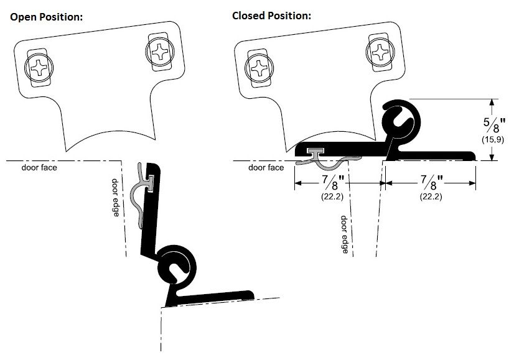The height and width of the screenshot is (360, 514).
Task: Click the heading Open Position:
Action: [46, 16]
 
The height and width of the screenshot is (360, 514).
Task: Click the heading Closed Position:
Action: [271, 16]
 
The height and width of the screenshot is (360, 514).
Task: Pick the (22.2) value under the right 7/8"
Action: [430, 198]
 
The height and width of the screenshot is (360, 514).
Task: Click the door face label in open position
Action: [39, 168]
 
